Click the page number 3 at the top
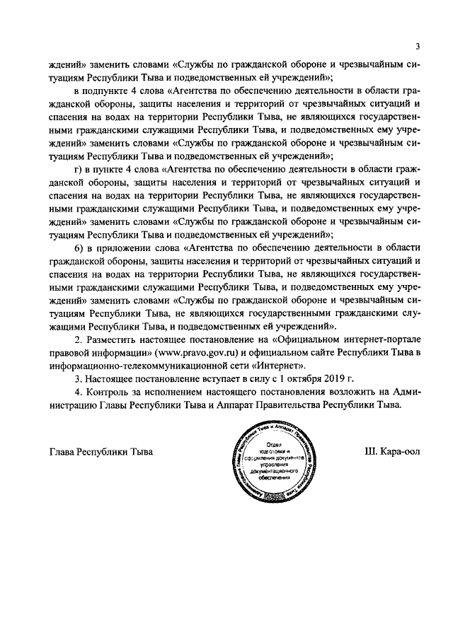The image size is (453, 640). point(418,47)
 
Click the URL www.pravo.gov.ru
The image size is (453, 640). point(202,353)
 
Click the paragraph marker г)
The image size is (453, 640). point(78,170)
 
